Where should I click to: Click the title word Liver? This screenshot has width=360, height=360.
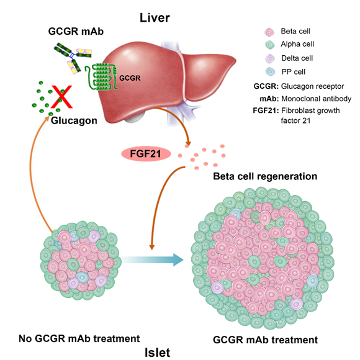(x=155, y=17)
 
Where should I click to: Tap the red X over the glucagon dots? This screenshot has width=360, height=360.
(x=61, y=97)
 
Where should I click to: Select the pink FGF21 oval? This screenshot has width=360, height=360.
(x=146, y=153)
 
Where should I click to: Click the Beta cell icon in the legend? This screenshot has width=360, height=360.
(x=269, y=32)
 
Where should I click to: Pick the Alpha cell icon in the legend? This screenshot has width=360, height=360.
(x=270, y=45)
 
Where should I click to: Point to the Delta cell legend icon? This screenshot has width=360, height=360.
(x=270, y=58)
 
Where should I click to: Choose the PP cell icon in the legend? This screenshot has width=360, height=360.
(x=270, y=71)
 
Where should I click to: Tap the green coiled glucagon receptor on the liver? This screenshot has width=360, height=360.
(x=101, y=77)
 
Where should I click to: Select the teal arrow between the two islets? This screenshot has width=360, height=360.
(x=153, y=259)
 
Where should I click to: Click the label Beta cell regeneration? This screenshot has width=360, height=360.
(x=265, y=176)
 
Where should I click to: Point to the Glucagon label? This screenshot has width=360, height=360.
(x=74, y=120)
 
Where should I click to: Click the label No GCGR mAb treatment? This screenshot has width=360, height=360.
(x=79, y=338)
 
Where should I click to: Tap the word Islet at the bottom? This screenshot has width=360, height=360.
(x=158, y=352)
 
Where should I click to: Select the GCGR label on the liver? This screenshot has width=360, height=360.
(x=130, y=78)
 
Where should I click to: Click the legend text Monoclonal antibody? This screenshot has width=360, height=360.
(x=317, y=99)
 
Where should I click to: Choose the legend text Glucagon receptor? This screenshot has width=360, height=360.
(x=312, y=86)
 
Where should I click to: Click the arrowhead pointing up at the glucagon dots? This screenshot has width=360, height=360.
(x=47, y=119)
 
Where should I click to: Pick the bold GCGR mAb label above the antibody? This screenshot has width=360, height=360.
(x=76, y=31)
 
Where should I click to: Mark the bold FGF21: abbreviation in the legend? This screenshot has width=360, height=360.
(x=266, y=110)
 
